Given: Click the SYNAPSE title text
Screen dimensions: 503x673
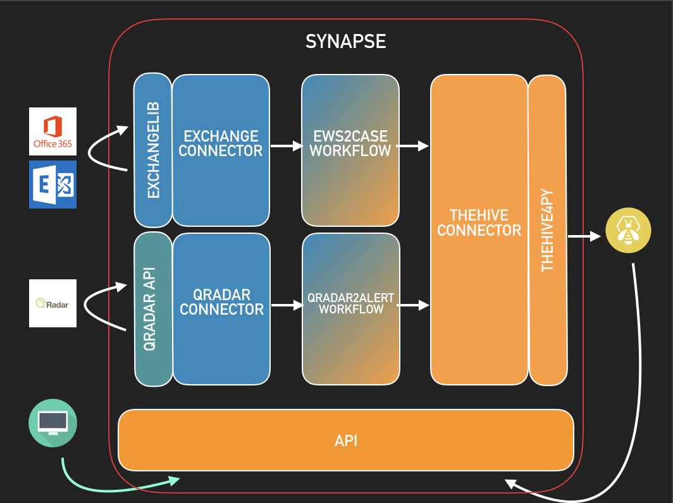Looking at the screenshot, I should (345, 42).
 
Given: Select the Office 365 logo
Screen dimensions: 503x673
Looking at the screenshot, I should (52, 131).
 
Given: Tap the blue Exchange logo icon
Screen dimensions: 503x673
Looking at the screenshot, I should (52, 185).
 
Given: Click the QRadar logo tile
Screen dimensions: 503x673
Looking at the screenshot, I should (52, 303).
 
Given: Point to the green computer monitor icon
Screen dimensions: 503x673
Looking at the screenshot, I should (53, 421).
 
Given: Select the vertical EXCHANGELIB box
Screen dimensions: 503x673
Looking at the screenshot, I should (153, 150).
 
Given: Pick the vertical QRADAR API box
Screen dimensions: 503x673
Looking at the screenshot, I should (153, 309).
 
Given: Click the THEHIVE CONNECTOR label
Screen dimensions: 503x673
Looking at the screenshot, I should (479, 222).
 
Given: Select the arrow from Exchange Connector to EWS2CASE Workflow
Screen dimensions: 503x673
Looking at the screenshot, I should (286, 146).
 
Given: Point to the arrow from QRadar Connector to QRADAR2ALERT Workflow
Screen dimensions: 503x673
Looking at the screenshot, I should (287, 305).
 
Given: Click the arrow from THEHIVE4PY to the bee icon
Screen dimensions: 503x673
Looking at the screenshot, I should (583, 236).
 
